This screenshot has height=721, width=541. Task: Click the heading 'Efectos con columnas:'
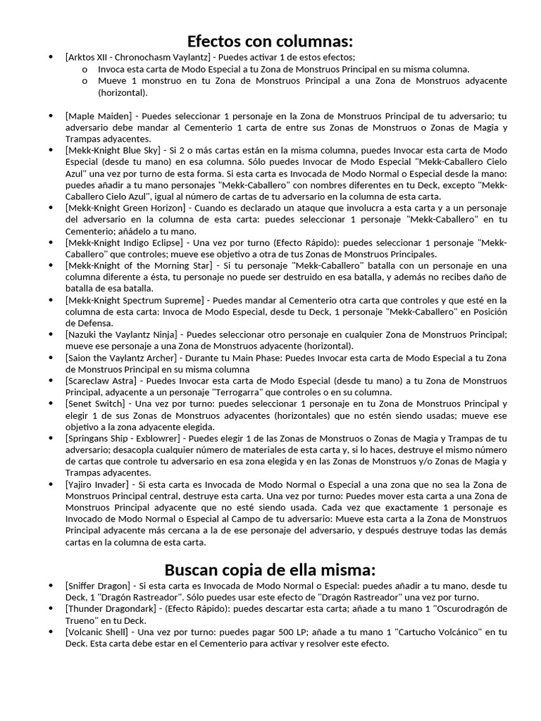pos(270,40)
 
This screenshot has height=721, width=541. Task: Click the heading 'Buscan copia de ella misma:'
pos(270,569)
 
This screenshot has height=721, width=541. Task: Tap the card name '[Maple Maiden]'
pos(98,115)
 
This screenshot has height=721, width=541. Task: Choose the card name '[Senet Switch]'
pos(96,403)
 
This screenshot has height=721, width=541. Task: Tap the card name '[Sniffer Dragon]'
pos(98,586)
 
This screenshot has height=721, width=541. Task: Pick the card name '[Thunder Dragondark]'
pos(108,609)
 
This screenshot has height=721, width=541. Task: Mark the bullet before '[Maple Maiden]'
pos(49,115)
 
